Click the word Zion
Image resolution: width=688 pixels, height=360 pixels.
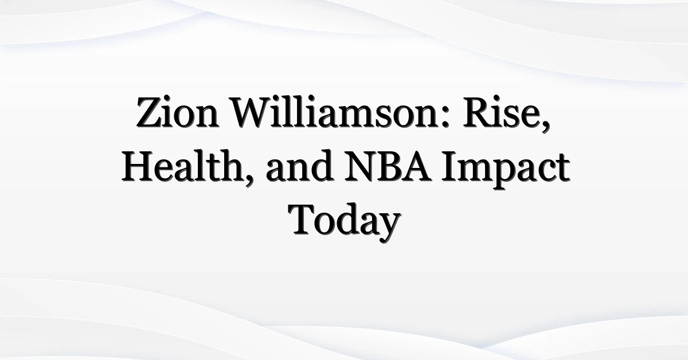click(x=178, y=112)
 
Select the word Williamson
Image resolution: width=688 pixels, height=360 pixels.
click(x=334, y=112)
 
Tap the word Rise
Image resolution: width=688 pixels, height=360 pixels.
click(x=502, y=112)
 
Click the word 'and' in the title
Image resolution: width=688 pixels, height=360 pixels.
click(x=299, y=166)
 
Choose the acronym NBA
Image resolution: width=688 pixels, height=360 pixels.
click(x=388, y=166)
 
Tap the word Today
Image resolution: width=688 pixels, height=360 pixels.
click(x=345, y=222)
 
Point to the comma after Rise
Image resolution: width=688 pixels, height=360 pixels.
click(x=546, y=126)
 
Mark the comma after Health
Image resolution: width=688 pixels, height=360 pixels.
click(x=249, y=180)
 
